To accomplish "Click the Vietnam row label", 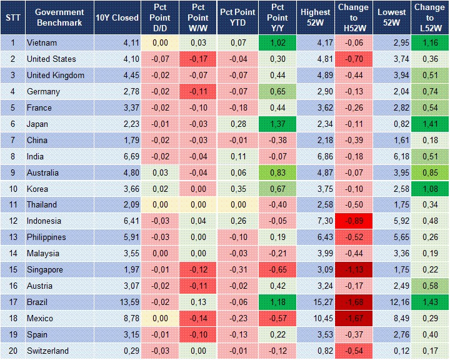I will tap(42, 42).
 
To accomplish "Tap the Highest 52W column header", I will tap(315, 17).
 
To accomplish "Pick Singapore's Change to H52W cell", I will tap(353, 269).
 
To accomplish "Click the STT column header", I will tap(12, 17).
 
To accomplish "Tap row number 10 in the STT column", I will tap(12, 189).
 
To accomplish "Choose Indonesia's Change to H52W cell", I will tap(353, 221).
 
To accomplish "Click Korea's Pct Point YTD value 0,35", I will tap(237, 189).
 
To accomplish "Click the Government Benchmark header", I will tap(59, 17).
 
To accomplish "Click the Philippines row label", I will tap(47, 237).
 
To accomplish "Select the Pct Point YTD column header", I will tap(237, 17).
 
